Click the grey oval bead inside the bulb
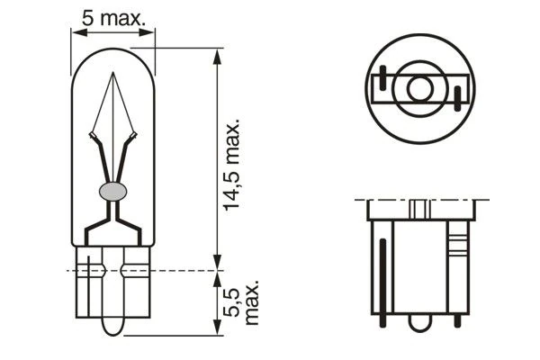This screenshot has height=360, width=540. [112, 190]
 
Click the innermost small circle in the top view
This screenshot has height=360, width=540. [420, 89]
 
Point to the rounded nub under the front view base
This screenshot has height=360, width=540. [112, 325]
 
